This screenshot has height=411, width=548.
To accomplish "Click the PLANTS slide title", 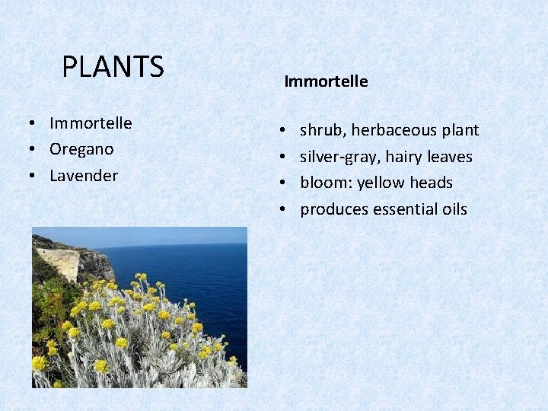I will coord(113,67).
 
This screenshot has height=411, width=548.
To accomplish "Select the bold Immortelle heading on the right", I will coord(326,81).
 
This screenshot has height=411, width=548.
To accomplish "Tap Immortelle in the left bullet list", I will coord(91,123).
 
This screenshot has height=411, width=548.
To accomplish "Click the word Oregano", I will coord(81,149).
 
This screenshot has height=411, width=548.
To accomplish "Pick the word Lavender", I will coord(84,175).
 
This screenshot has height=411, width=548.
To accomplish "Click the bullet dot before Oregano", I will coord(36,150).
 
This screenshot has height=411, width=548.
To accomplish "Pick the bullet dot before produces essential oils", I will coord(282,209).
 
